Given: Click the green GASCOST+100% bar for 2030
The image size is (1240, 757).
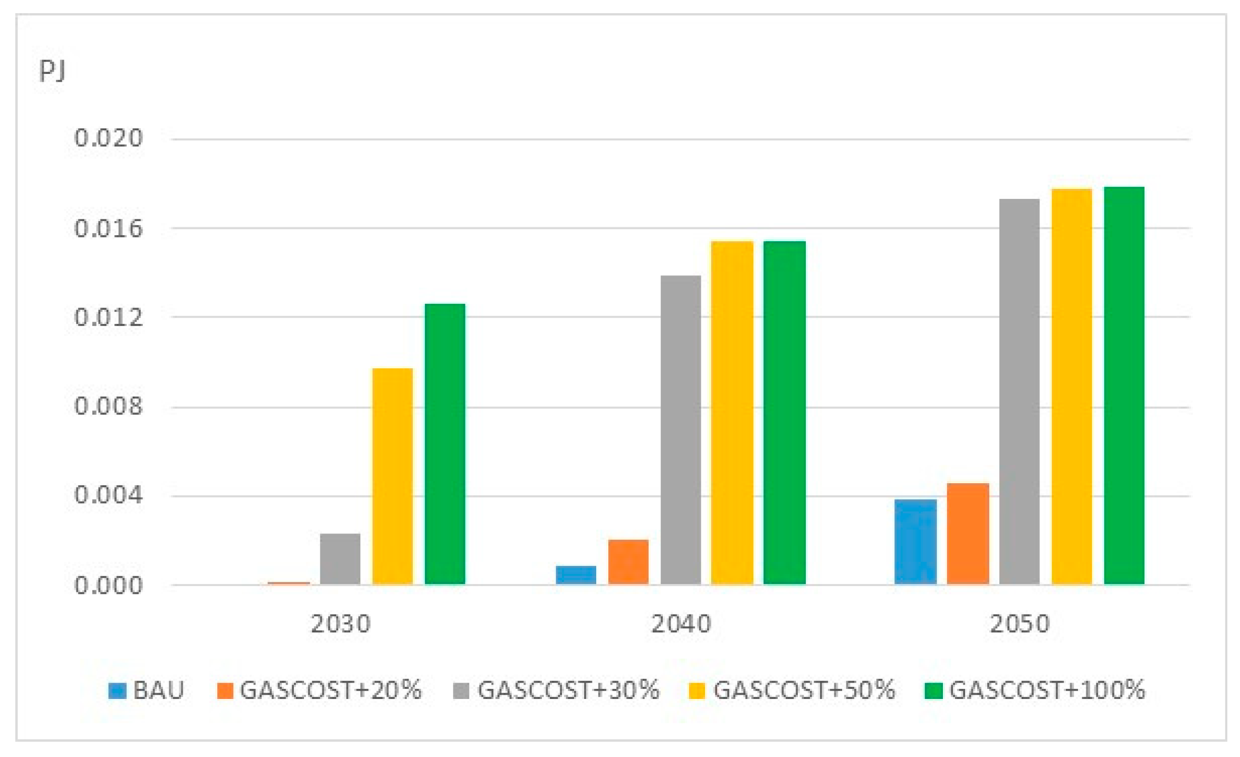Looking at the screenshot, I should tap(445, 444).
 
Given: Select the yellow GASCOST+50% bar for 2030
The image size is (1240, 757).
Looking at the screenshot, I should tap(393, 476).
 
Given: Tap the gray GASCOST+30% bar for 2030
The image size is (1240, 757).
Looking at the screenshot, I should tap(340, 559).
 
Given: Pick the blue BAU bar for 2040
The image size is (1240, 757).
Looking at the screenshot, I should tap(576, 576).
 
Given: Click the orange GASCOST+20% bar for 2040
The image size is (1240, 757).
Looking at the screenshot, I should tap(628, 562).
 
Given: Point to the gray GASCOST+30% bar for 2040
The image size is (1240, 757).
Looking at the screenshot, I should tap(681, 430).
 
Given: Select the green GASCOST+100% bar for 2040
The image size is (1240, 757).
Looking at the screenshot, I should tap(784, 413).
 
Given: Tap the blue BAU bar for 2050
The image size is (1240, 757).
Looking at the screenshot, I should tap(915, 542).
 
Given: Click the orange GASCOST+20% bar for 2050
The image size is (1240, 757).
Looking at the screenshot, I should tap(968, 534).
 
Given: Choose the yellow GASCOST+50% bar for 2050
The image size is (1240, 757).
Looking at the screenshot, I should tap(1072, 386).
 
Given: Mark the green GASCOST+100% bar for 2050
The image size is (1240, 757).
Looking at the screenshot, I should tap(1124, 386).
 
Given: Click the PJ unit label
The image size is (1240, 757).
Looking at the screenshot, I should tap(52, 70).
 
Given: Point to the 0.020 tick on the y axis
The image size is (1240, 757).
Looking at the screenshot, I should tap(108, 138).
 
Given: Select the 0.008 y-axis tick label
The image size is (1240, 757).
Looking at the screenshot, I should tap(108, 406).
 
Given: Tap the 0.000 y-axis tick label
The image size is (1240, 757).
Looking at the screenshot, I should tap(108, 586).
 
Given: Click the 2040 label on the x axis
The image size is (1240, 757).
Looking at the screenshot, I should tap(681, 624).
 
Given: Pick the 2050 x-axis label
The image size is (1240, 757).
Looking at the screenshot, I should tap(1019, 624).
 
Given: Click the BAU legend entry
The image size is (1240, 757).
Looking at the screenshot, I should tap(146, 691).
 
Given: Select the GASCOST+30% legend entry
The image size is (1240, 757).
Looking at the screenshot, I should tap(557, 691).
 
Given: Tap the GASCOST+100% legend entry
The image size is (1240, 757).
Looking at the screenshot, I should tap(1035, 691).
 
